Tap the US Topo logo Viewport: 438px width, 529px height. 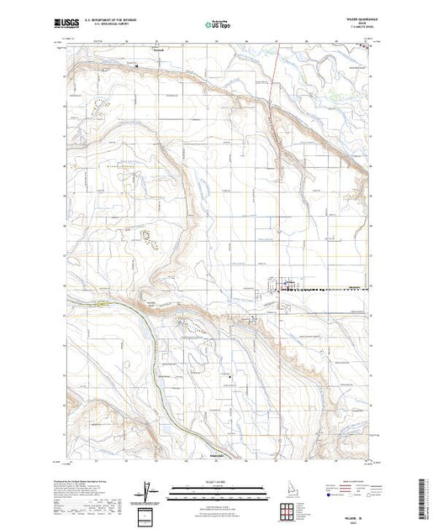(219, 25)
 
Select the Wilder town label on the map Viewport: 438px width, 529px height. (288, 282)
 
